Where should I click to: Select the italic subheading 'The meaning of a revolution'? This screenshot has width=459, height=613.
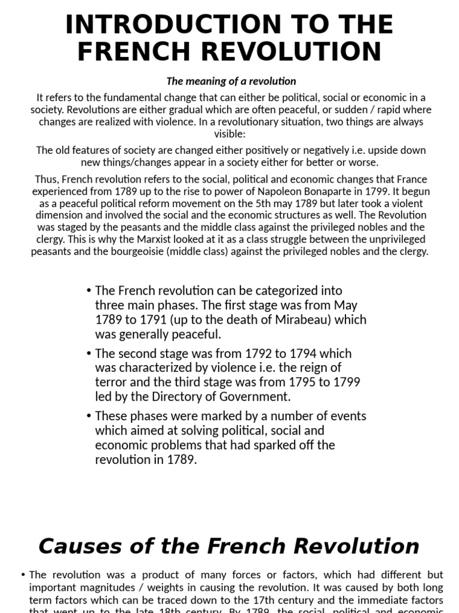[x=231, y=81]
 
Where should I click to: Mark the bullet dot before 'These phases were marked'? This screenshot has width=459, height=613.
[x=88, y=416]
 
